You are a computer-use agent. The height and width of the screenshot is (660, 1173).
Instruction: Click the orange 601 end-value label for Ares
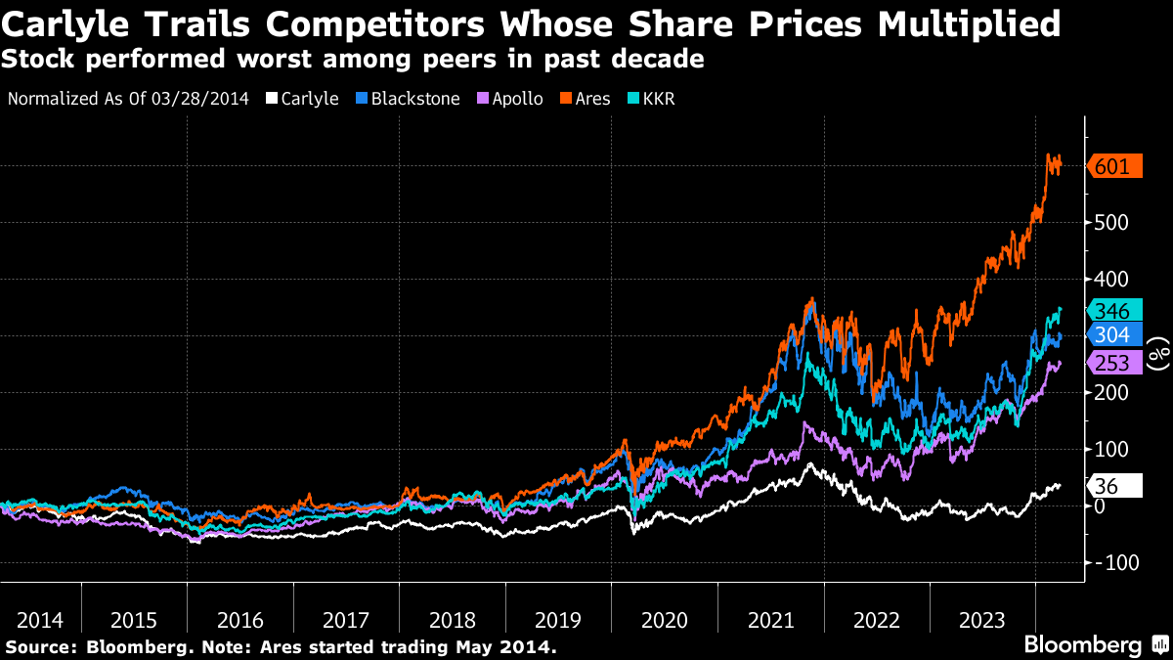point(1113,167)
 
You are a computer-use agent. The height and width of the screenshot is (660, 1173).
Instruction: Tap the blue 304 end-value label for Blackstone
point(1113,335)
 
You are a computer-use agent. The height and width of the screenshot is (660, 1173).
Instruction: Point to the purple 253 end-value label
point(1113,364)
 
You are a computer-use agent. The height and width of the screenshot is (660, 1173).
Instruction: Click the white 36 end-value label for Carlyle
point(1113,486)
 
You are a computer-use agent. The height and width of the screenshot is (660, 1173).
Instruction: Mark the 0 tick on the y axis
point(1101,506)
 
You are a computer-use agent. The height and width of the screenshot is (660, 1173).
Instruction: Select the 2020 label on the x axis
point(664,620)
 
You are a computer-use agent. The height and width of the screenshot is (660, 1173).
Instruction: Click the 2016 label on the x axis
point(240,620)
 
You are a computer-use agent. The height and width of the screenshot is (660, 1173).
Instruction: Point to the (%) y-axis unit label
point(1158,353)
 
